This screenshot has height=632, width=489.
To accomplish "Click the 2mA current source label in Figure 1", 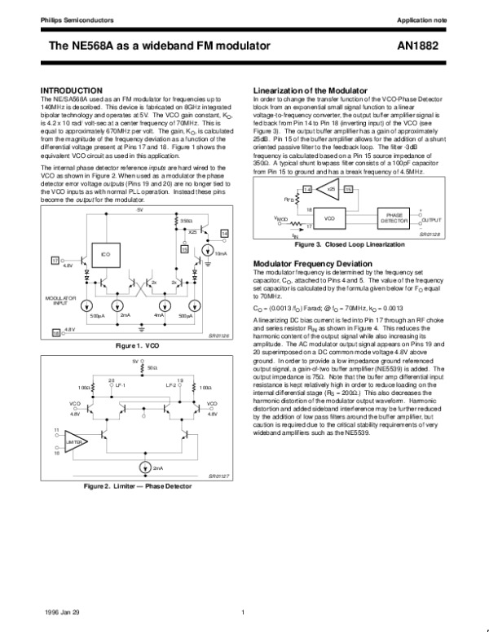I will pos(125,314).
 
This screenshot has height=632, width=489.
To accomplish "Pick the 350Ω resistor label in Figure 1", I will pos(186,221).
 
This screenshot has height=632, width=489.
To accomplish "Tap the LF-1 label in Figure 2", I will pos(119,384).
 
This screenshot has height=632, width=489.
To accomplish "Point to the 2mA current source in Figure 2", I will pos(146,467).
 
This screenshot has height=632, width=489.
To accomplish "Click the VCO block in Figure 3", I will pos(330,218).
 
